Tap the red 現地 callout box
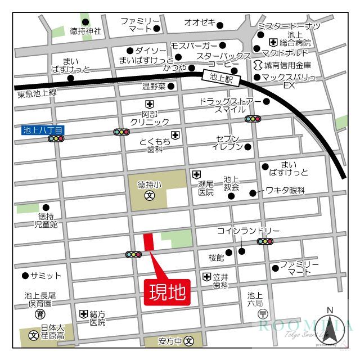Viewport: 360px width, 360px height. tap(167, 292)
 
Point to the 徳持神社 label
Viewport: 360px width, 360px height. tap(86, 31)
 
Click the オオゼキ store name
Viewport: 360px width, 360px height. tap(200, 22)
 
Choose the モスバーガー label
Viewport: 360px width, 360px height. tap(193, 45)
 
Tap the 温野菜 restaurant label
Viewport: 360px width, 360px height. tap(154, 87)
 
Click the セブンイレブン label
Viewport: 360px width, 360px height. tap(227, 143)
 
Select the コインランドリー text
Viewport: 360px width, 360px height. tap(248, 231)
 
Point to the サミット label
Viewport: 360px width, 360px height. tap(46, 276)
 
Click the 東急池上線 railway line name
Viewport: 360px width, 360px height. tap(37, 93)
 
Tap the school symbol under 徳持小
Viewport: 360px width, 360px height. tap(150, 196)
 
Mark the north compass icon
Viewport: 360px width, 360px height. tap(330, 329)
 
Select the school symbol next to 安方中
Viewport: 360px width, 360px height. tap(189, 341)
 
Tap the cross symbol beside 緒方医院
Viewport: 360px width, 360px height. tap(83, 314)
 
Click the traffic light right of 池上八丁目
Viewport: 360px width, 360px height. tap(121, 132)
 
